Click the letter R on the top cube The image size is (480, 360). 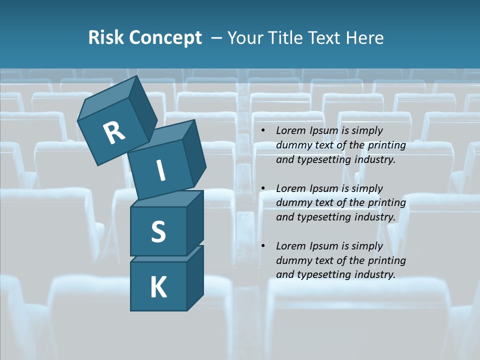pyautogui.click(x=114, y=133)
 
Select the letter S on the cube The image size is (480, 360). pyautogui.click(x=158, y=231)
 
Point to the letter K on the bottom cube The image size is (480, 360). pyautogui.click(x=158, y=287)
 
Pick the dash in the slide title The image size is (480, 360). pyautogui.click(x=216, y=38)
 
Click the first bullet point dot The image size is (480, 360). pyautogui.click(x=263, y=131)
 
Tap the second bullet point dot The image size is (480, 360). pyautogui.click(x=263, y=189)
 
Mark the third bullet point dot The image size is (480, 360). pyautogui.click(x=263, y=246)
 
